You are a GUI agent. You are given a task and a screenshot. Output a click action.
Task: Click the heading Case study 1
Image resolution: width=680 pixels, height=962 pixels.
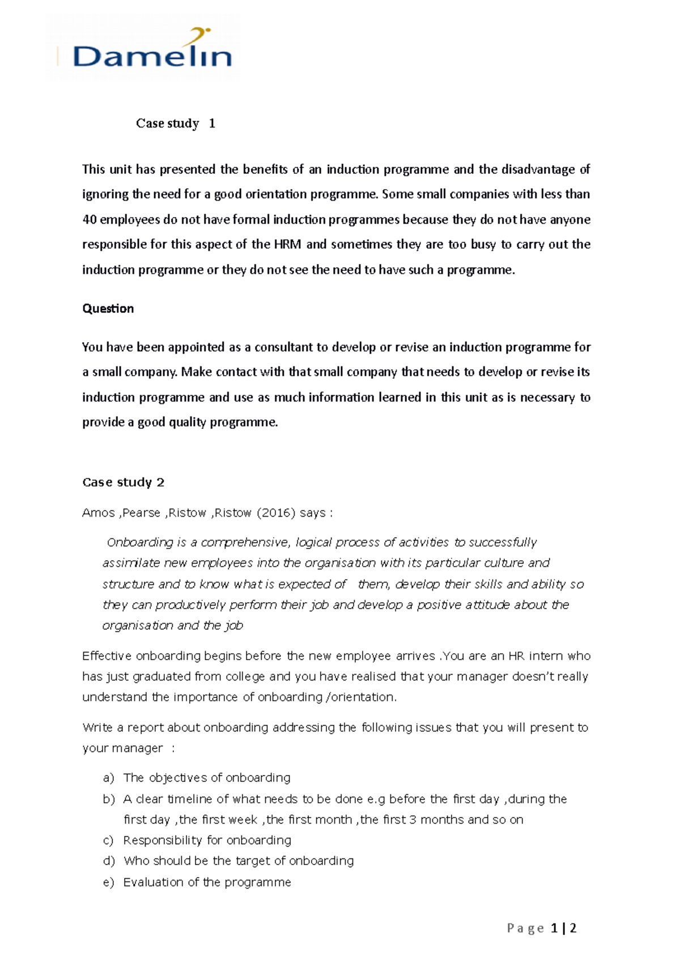[x=175, y=124]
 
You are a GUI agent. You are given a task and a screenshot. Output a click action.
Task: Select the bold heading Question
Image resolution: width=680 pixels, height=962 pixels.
[x=108, y=309]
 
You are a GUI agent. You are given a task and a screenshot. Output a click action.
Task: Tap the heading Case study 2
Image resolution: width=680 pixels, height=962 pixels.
[x=123, y=482]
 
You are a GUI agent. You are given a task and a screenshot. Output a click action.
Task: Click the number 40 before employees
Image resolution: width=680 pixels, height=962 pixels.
[x=89, y=220]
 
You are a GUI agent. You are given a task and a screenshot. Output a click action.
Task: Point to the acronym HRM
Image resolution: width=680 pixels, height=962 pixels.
[x=287, y=245]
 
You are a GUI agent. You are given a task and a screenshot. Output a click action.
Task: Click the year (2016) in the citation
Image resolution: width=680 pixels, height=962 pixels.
[x=276, y=513]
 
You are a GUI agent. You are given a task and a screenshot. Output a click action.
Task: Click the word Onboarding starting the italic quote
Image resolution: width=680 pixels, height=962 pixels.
[x=139, y=543]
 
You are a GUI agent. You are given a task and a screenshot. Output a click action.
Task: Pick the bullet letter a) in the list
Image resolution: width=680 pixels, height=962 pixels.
[x=109, y=778]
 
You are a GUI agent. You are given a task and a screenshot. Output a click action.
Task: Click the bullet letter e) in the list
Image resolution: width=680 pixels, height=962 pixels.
[x=109, y=883]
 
